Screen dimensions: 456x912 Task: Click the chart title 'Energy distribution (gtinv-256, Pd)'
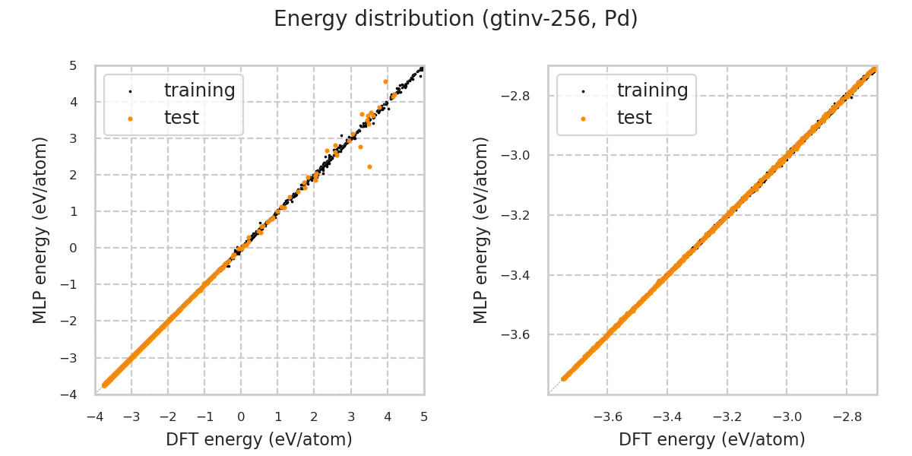pos(456,19)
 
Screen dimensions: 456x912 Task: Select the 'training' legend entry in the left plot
pos(199,90)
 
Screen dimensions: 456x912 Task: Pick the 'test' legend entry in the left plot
pos(181,118)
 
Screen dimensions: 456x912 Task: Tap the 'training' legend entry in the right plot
pos(652,90)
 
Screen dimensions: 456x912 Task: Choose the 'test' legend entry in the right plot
pos(634,118)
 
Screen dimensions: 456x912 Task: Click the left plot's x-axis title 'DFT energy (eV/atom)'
pos(259,439)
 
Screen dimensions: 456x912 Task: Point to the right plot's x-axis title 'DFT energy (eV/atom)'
pos(712,439)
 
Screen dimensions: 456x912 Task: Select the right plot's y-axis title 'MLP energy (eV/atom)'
pos(482,230)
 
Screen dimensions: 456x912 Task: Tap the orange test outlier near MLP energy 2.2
pos(369,166)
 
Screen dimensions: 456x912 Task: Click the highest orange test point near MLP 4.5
pos(385,81)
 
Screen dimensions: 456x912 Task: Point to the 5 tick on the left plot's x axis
pos(424,416)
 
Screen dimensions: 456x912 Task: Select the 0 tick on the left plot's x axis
pos(241,416)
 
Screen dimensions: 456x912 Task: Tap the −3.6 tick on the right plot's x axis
pos(607,416)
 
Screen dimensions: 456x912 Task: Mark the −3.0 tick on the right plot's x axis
pos(787,416)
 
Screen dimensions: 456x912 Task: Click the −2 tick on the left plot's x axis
pos(168,416)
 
